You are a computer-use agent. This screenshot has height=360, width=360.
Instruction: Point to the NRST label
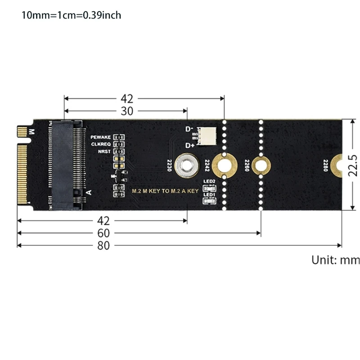coord(104,151)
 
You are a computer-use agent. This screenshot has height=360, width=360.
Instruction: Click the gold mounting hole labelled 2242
coord(224,165)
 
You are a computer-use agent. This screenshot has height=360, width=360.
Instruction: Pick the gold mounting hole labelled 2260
coord(260,166)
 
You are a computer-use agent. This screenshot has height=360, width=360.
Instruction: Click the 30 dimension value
coord(127,111)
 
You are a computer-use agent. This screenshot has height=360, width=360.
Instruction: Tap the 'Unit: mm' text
coord(336,260)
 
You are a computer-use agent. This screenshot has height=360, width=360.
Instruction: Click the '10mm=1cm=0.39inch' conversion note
coord(72,15)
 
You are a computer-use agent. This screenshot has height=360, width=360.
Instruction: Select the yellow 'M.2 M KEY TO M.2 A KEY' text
coord(165,191)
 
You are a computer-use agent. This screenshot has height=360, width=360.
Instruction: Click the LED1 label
coord(209,195)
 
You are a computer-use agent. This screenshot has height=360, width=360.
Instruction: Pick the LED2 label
coord(209,181)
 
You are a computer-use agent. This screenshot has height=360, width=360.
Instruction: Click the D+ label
coord(190,145)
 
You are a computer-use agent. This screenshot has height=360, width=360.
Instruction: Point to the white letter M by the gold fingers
coord(31,132)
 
